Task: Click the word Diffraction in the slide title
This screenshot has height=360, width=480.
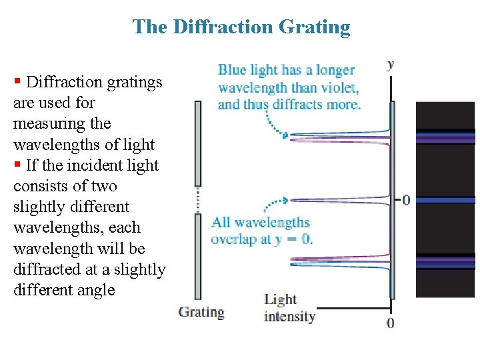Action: point(215,27)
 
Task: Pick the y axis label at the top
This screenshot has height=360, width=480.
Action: point(391,65)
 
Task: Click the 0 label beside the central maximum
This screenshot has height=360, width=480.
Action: point(405,199)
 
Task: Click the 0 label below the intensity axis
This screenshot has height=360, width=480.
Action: point(391,323)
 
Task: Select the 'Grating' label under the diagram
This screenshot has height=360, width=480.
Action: point(201,312)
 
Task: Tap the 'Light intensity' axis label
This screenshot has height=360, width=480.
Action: point(289,308)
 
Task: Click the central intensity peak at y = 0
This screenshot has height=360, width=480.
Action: point(360,199)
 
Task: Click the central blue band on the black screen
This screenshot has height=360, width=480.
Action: point(445,199)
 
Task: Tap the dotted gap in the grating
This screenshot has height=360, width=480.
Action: point(197,199)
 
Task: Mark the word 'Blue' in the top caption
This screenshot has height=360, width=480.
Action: point(232,70)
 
